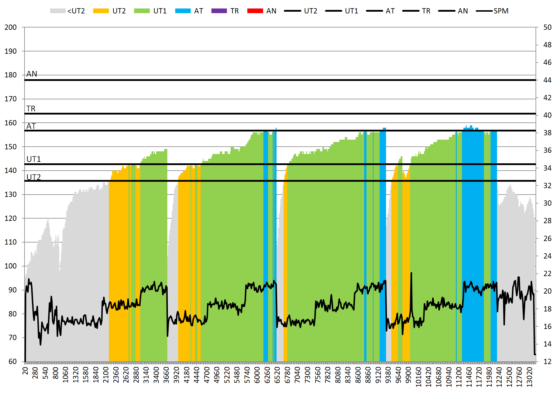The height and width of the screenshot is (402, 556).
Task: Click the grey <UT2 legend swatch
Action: pos(58,11)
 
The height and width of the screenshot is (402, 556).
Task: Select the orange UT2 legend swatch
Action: pos(101,11)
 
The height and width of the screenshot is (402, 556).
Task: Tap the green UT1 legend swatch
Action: pos(142,11)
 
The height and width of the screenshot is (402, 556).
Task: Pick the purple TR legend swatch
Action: pos(219,11)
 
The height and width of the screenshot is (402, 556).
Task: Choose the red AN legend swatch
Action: pos(255,11)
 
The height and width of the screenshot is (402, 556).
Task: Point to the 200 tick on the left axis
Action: pos(11,27)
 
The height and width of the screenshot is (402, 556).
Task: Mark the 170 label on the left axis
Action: pos(11,99)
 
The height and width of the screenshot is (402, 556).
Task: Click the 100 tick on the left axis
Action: pos(11,266)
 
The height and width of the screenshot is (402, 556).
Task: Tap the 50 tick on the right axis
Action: pos(547,27)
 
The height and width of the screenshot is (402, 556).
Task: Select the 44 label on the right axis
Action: pos(547,80)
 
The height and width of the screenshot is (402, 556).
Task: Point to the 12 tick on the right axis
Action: pos(547,362)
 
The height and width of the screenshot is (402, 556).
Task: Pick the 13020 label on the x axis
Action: pos(529,377)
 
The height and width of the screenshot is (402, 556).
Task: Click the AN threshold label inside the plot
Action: pos(32,74)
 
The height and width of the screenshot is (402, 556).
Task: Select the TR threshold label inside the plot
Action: pos(31,109)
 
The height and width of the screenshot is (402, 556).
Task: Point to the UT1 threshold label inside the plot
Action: pos(34,159)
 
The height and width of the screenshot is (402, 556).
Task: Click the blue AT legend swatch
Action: pos(183,11)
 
